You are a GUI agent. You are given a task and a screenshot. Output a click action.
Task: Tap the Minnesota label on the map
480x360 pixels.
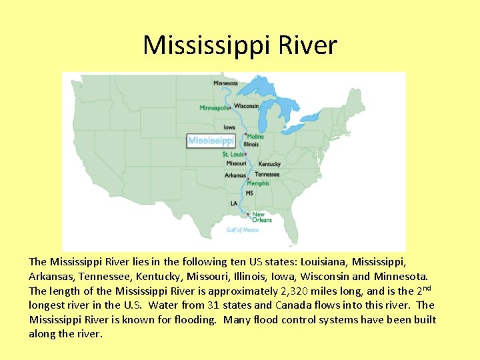tap(225, 83)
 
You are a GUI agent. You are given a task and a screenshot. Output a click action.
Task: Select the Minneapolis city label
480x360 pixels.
tap(213, 108)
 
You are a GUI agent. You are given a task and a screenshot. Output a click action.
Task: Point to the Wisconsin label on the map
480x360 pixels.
tap(246, 106)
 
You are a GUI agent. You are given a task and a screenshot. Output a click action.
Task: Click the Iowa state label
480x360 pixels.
tap(229, 127)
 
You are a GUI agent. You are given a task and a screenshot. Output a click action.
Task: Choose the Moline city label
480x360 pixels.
tap(255, 137)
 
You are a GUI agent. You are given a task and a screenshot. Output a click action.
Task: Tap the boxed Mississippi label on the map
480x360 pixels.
tap(211, 140)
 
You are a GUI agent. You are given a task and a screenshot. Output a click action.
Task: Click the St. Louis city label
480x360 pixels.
tap(233, 155)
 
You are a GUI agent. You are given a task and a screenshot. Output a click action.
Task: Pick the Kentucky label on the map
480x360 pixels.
tap(269, 164)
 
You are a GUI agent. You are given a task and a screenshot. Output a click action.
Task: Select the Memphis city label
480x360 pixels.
tap(259, 183)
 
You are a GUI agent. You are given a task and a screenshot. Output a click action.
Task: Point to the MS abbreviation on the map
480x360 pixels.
tap(249, 193)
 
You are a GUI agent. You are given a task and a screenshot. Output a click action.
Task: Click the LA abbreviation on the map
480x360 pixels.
tap(234, 203)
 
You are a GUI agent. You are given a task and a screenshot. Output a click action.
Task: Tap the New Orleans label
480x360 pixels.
tap(262, 217)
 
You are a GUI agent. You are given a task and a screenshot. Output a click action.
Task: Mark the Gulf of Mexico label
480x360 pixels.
tap(243, 230)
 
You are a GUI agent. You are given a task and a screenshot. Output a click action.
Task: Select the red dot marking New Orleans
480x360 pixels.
tap(249, 215)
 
